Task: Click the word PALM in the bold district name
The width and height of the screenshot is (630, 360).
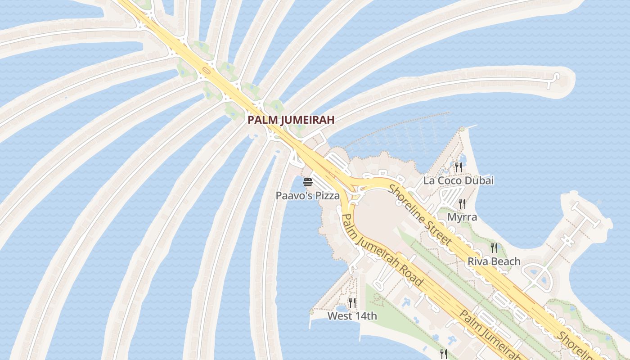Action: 261,120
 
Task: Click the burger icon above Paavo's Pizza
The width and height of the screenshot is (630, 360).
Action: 308,182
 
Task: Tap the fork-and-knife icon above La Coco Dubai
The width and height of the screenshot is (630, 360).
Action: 458,167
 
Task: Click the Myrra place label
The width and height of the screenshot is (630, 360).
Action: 462,217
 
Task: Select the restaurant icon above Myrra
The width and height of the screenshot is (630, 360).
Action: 462,203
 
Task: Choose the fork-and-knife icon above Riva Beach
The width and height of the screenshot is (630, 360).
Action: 494,247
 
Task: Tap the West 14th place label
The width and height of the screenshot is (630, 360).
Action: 352,316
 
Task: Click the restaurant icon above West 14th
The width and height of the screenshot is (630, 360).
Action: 352,302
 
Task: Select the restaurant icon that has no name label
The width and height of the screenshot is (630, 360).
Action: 443,354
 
